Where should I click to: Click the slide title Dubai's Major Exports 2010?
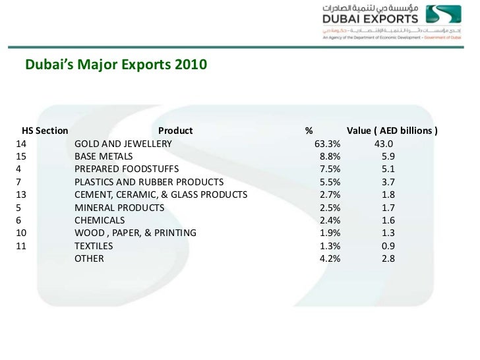pyautogui.click(x=115, y=65)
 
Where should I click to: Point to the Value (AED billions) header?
pyautogui.click(x=392, y=131)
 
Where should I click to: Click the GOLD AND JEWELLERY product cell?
pyautogui.click(x=123, y=144)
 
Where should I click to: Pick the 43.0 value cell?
pyautogui.click(x=383, y=144)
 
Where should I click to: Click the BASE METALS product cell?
pyautogui.click(x=104, y=156)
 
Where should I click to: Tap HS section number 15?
pyautogui.click(x=19, y=156)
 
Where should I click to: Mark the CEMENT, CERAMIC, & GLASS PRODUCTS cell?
pyautogui.click(x=160, y=195)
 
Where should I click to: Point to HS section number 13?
pyautogui.click(x=19, y=195)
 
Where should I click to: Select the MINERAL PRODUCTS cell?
pyautogui.click(x=119, y=208)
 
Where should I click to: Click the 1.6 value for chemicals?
pyautogui.click(x=388, y=220)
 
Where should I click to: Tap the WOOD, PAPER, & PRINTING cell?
pyautogui.click(x=135, y=233)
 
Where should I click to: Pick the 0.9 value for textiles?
pyautogui.click(x=388, y=246)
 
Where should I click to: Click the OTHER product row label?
pyautogui.click(x=89, y=258)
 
